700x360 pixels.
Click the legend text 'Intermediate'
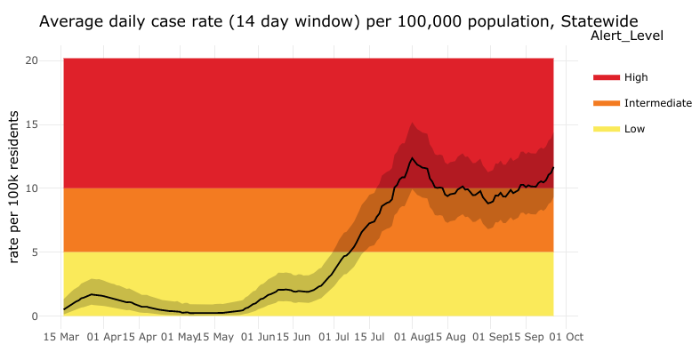pos(657,103)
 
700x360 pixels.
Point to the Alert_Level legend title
pos(627,36)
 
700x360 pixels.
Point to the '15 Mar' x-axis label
pos(62,338)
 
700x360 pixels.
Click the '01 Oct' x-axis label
pos(566,338)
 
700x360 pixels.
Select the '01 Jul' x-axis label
pos(334,338)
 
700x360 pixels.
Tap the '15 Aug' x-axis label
pos(448,338)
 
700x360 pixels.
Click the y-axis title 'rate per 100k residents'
pos(14,187)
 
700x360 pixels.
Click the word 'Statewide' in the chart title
pos(599,22)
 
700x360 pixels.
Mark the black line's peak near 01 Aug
pos(412,158)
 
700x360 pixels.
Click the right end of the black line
pos(553,167)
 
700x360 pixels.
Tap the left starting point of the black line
pos(64,309)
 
